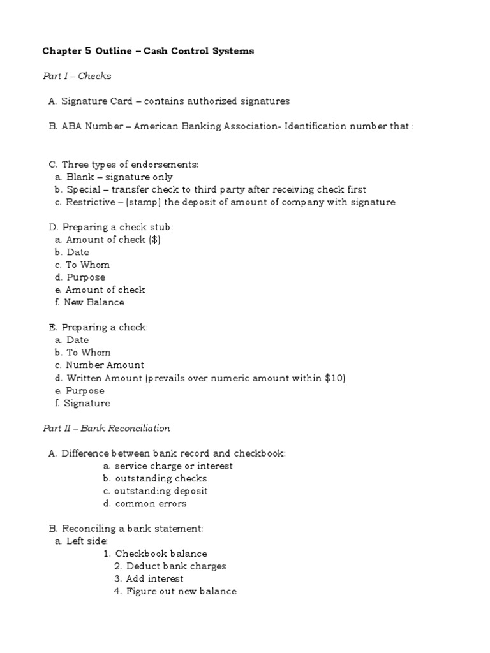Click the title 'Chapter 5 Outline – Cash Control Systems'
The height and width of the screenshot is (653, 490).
pyautogui.click(x=148, y=51)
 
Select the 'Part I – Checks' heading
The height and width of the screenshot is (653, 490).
pyautogui.click(x=77, y=76)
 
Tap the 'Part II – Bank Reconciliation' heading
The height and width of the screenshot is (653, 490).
pyautogui.click(x=106, y=428)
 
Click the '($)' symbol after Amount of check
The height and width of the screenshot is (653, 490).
pyautogui.click(x=154, y=239)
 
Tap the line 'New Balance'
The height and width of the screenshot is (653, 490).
pyautogui.click(x=94, y=302)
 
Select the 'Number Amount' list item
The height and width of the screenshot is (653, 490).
pyautogui.click(x=105, y=365)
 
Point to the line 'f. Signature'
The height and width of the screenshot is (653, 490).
pyautogui.click(x=83, y=403)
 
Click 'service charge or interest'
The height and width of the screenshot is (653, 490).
pyautogui.click(x=173, y=466)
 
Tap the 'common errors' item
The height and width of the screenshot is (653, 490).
pyautogui.click(x=151, y=504)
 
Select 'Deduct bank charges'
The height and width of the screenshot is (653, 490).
pyautogui.click(x=176, y=566)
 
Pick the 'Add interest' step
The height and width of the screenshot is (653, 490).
pyautogui.click(x=155, y=578)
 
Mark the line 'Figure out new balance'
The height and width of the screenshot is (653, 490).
pyautogui.click(x=181, y=591)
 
